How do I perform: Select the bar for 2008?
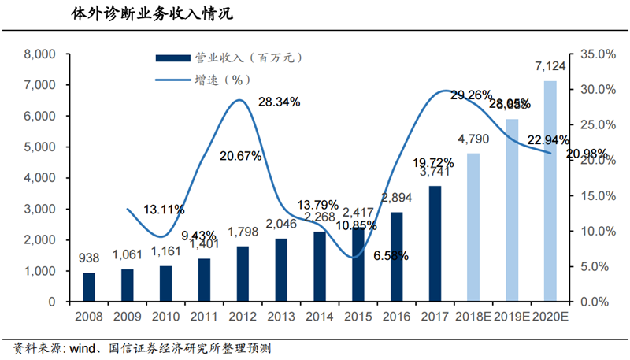(x=89, y=288)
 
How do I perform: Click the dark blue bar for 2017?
(x=435, y=243)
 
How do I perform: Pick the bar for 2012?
(x=243, y=273)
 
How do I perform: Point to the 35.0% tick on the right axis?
(x=597, y=54)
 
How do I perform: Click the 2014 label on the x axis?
(x=319, y=317)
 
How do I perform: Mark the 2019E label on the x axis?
(x=511, y=317)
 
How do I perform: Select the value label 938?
(x=89, y=258)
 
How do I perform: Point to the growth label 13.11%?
(x=163, y=209)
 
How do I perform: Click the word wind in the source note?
(x=84, y=347)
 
